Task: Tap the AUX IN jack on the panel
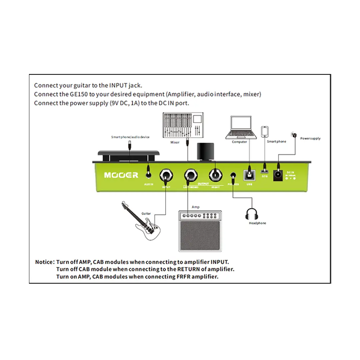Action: coord(149,174)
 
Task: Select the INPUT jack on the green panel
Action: coord(166,174)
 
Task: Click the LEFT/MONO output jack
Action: coord(191,174)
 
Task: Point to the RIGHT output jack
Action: coord(216,174)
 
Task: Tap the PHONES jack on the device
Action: coord(233,174)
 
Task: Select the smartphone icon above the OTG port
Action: coord(265,132)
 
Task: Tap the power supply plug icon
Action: coord(293,135)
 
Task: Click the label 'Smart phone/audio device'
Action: coord(130,137)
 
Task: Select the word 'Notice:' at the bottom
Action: coord(45,262)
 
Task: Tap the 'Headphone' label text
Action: coord(258,223)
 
